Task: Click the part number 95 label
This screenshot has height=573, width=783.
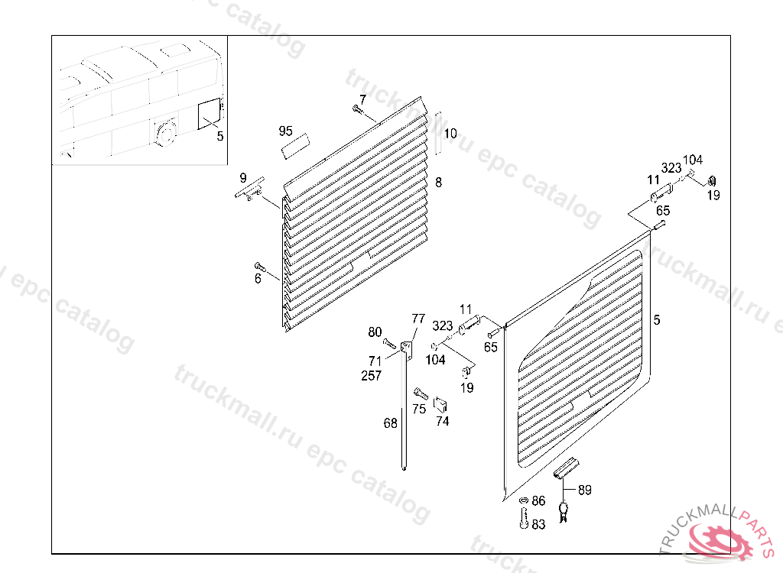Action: tap(286, 131)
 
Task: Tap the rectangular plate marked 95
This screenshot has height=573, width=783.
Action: tap(295, 146)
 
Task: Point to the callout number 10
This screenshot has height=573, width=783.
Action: tap(450, 133)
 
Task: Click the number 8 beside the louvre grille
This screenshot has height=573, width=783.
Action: tap(438, 182)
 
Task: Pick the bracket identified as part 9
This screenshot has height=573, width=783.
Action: tap(251, 189)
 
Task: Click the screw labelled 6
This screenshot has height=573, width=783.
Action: tap(260, 267)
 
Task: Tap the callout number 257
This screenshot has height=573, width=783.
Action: tap(372, 375)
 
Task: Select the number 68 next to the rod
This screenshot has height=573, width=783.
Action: tap(391, 423)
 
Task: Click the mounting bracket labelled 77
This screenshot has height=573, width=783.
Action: tap(408, 348)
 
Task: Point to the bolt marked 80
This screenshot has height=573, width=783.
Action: tap(389, 343)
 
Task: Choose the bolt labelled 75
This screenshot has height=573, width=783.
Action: tap(421, 393)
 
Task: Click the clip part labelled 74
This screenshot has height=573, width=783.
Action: tap(440, 404)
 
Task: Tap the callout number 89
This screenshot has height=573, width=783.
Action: tap(585, 490)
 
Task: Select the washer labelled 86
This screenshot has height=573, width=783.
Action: tap(524, 500)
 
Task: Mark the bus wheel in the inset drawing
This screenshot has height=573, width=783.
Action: tap(165, 133)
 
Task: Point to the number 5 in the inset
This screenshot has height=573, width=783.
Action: tap(220, 136)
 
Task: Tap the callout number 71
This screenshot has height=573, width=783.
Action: tap(375, 361)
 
